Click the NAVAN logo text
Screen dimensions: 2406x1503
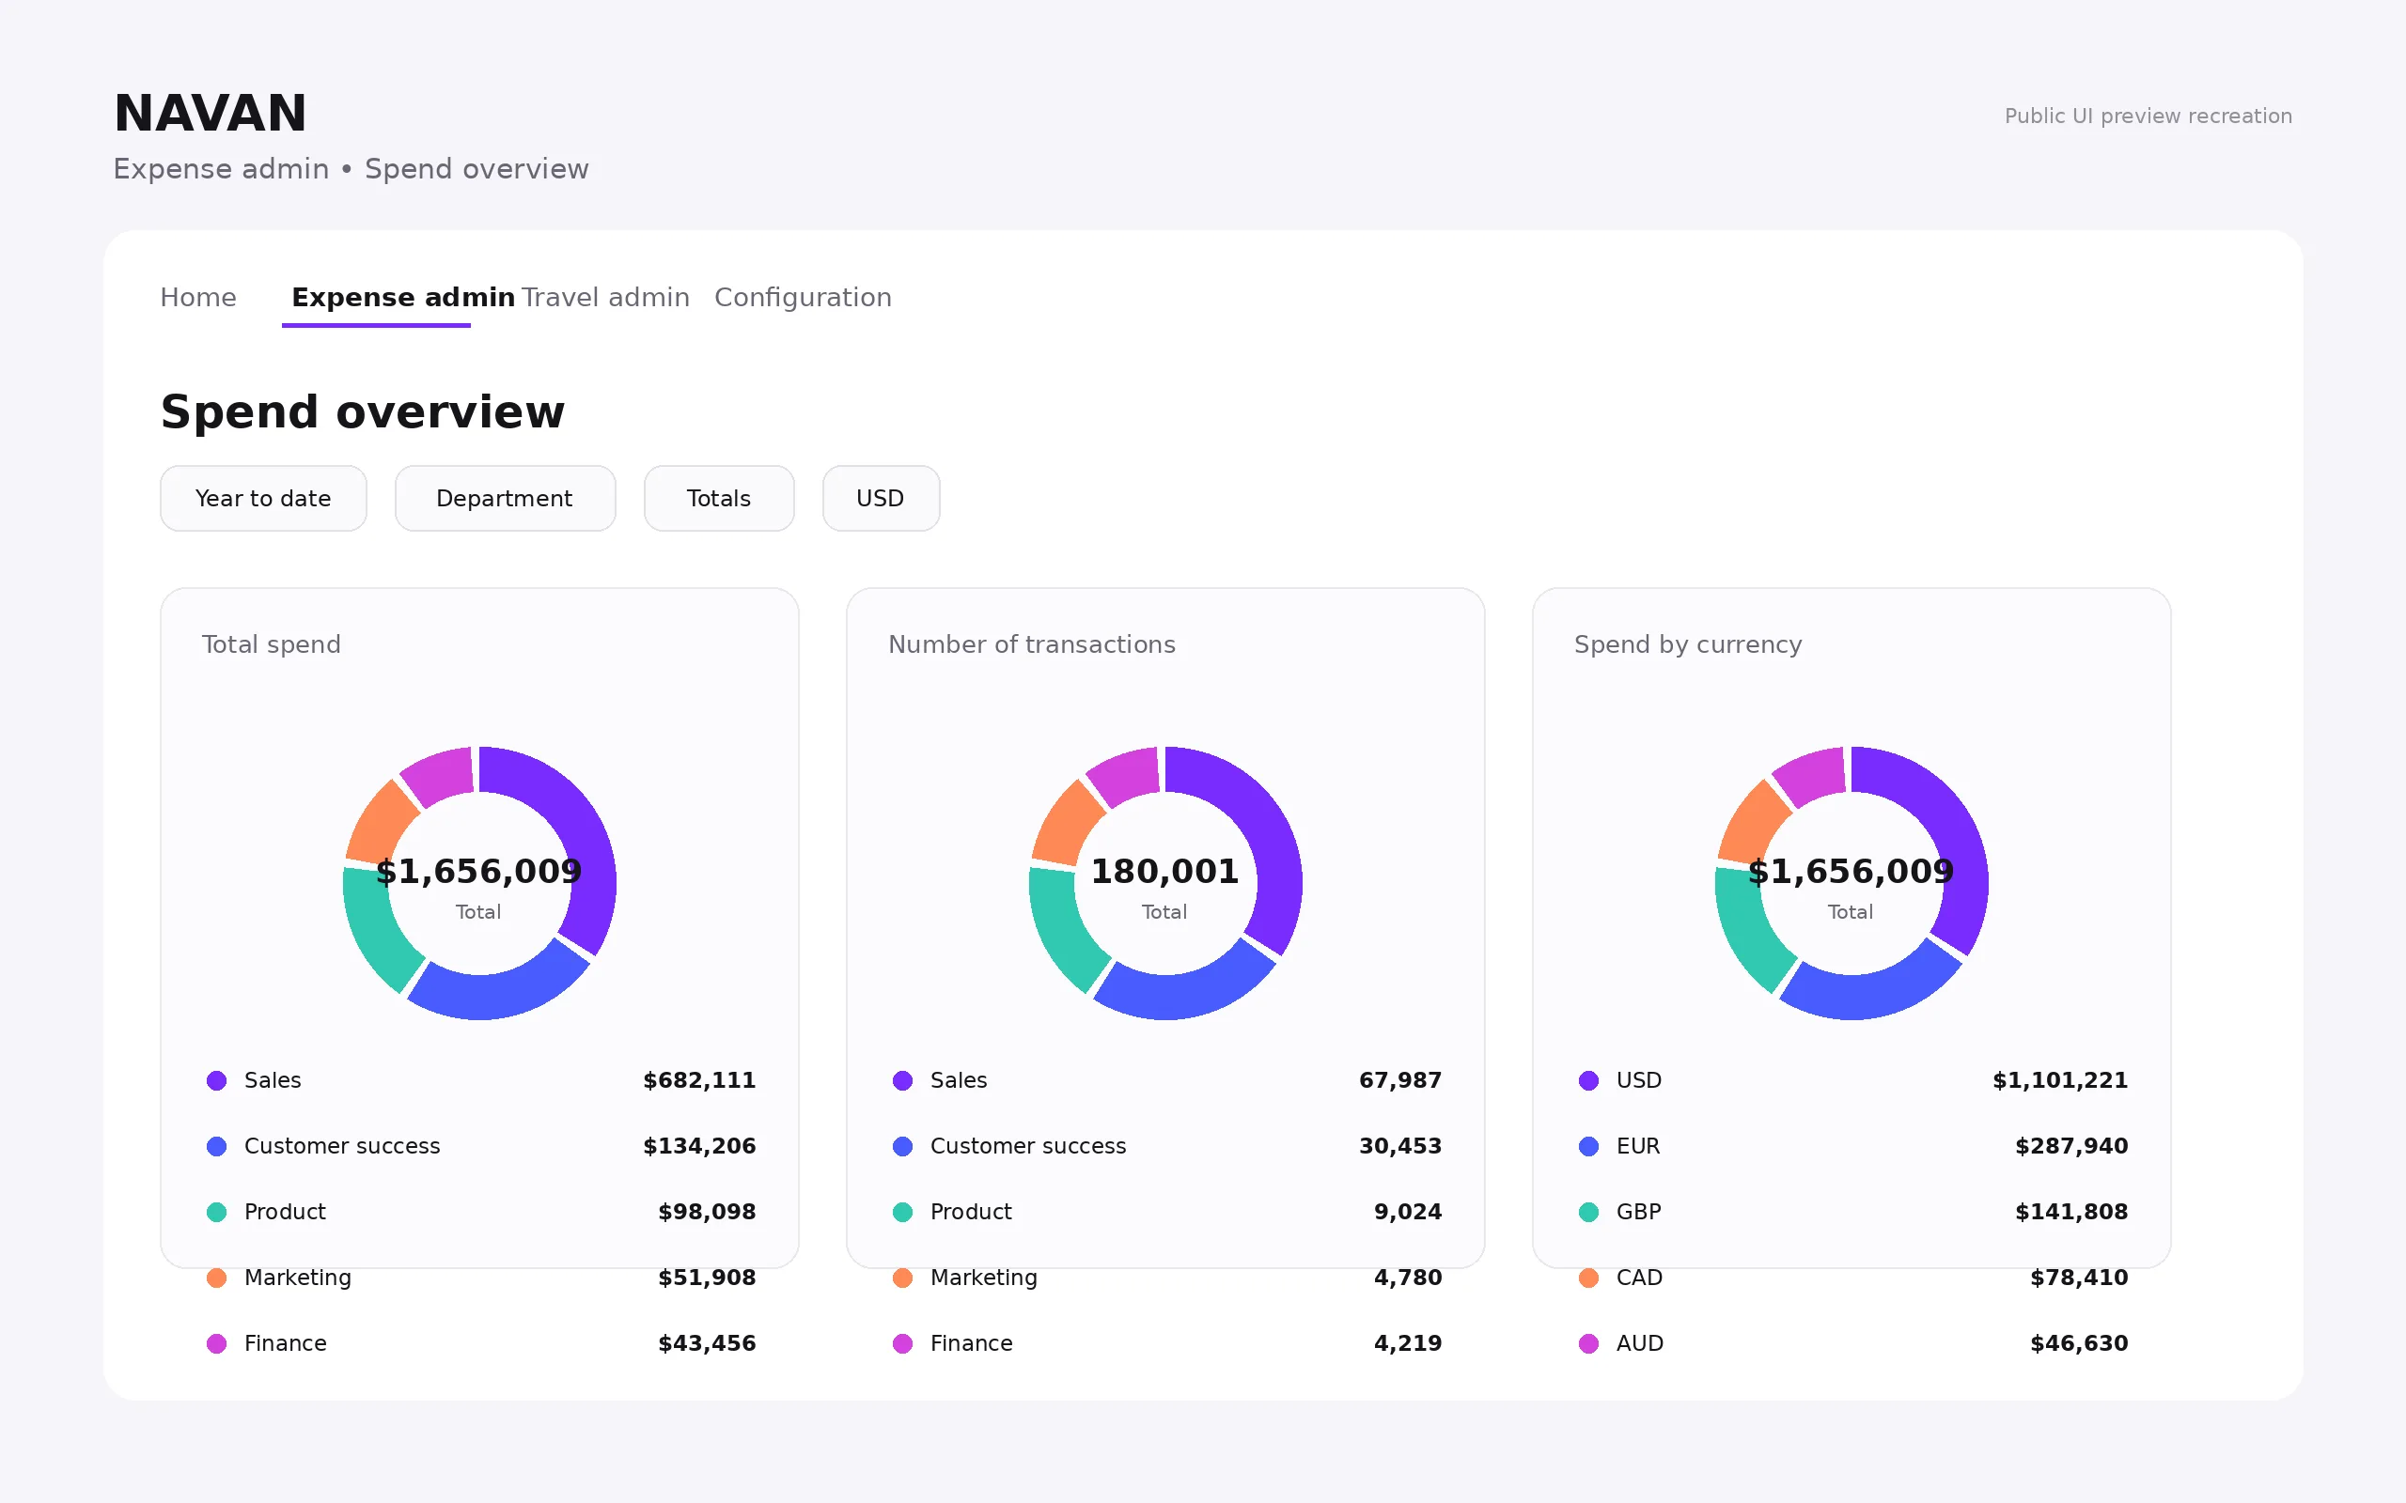tap(210, 114)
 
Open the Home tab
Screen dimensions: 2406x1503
tap(198, 297)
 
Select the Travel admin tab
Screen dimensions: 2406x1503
tap(605, 297)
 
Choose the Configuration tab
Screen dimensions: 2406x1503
tap(803, 297)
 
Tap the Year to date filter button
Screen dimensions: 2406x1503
tap(263, 498)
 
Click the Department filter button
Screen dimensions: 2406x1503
tap(505, 498)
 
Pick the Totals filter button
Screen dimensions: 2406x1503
tap(719, 498)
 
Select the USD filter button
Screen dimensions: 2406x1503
tap(881, 498)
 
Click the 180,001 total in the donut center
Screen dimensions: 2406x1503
tap(1164, 872)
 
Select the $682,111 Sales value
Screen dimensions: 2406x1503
tap(699, 1080)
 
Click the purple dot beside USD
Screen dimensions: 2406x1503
tap(1588, 1080)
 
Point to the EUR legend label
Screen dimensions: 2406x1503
tap(1637, 1146)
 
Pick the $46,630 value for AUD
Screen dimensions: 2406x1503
tap(2079, 1343)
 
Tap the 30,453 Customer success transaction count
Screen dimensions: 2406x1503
tap(1399, 1146)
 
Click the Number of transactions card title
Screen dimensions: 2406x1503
tap(1031, 644)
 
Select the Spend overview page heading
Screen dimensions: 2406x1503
tap(363, 411)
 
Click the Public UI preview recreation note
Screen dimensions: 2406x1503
tap(2148, 116)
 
